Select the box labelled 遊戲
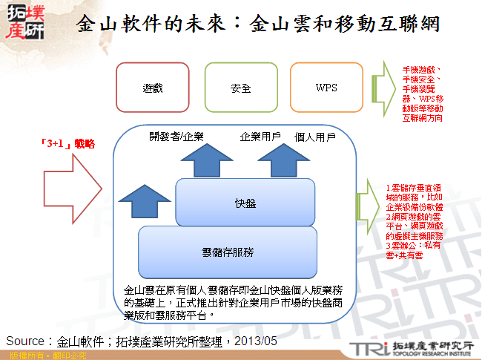pyautogui.click(x=153, y=88)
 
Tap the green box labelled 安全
pyautogui.click(x=240, y=88)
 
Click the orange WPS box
pyautogui.click(x=326, y=88)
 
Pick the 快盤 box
pyautogui.click(x=245, y=202)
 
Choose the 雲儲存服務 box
pyautogui.click(x=228, y=252)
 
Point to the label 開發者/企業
pyautogui.click(x=176, y=137)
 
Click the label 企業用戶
pyautogui.click(x=260, y=137)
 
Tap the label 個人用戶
pyautogui.click(x=315, y=137)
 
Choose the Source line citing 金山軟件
pyautogui.click(x=141, y=341)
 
